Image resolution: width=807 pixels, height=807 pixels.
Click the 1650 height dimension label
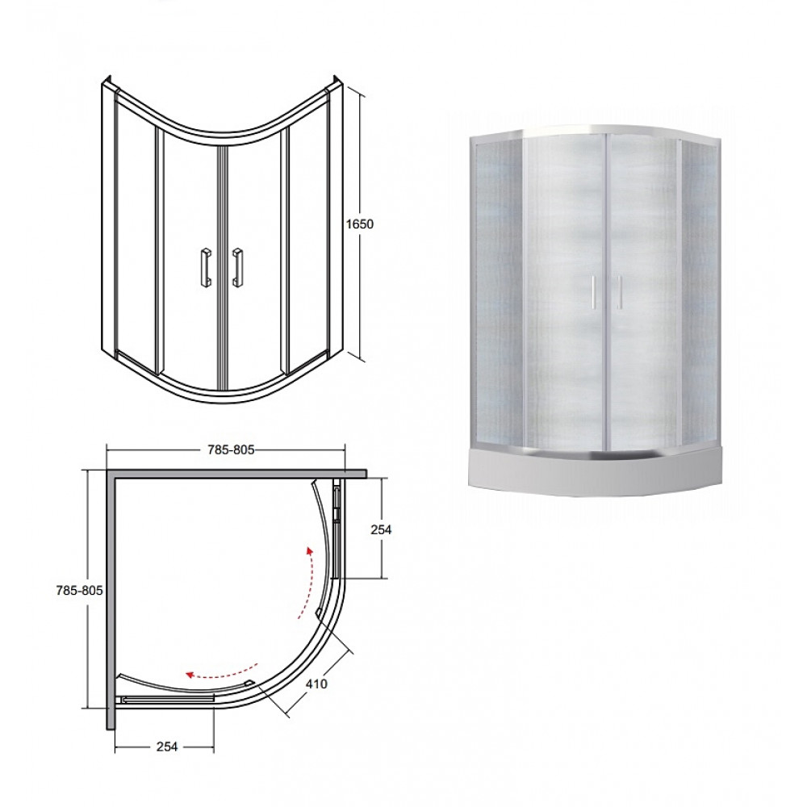click(360, 224)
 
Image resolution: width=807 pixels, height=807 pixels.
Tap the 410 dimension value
click(316, 684)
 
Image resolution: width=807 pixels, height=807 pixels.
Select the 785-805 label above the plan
click(231, 449)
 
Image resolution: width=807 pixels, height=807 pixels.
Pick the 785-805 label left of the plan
click(79, 591)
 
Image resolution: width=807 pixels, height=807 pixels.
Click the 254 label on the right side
click(381, 529)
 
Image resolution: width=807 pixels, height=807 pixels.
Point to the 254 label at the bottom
click(167, 746)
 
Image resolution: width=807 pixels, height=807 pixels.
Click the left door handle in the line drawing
click(205, 267)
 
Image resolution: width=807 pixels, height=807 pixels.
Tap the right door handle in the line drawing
click(238, 267)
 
